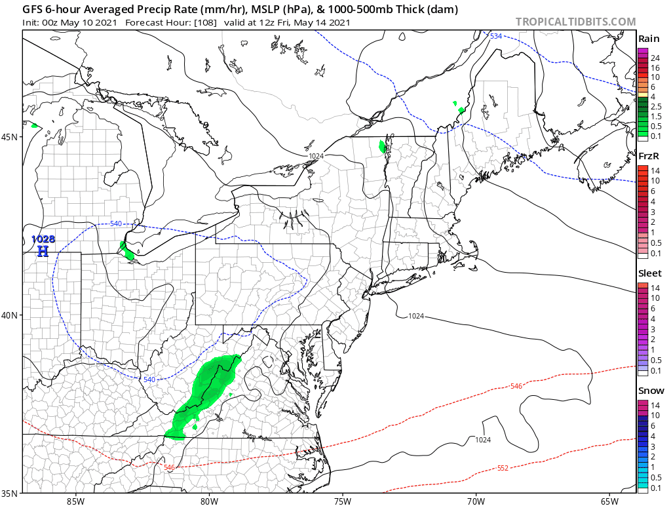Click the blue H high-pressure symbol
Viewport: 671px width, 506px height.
pyautogui.click(x=43, y=250)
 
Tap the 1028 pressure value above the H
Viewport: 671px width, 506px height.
pyautogui.click(x=43, y=239)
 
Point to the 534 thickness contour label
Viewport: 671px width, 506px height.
pyautogui.click(x=496, y=36)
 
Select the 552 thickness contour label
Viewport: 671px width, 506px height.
pyautogui.click(x=503, y=467)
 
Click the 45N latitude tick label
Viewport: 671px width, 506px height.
pyautogui.click(x=10, y=137)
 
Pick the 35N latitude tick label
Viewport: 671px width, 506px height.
pyautogui.click(x=10, y=493)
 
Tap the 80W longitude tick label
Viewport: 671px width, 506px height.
pyautogui.click(x=209, y=501)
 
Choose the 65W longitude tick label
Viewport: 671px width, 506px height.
pyautogui.click(x=609, y=501)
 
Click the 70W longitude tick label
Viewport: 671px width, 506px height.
pyautogui.click(x=476, y=501)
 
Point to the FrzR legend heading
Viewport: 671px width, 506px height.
pyautogui.click(x=649, y=156)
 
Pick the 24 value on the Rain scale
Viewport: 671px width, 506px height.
pyautogui.click(x=655, y=58)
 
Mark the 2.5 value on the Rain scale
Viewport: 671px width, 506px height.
pyautogui.click(x=657, y=105)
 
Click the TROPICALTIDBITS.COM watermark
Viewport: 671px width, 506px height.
pyautogui.click(x=575, y=22)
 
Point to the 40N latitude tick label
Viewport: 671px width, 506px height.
pyautogui.click(x=10, y=315)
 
